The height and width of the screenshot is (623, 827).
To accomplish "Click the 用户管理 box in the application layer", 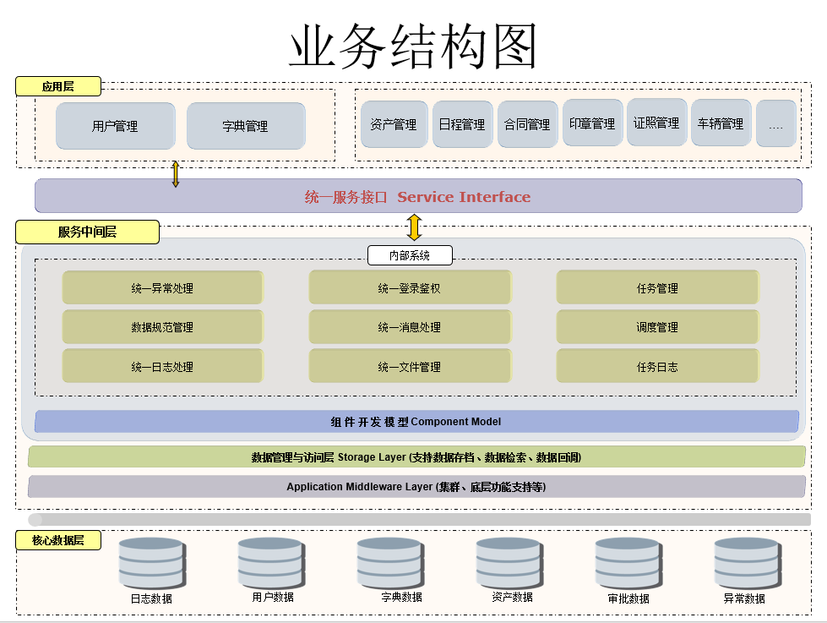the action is (116, 126).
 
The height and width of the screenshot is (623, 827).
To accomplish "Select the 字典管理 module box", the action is (246, 126).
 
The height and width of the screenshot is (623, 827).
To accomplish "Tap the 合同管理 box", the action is (527, 124).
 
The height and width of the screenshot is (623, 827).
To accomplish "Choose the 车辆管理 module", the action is (721, 123).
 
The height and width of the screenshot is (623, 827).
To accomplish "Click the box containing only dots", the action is (775, 123).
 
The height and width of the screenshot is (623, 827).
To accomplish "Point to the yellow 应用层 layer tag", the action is (58, 86).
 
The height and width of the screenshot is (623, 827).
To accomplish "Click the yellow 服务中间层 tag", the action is (88, 232).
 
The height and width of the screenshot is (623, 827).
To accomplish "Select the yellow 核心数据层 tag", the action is (58, 540).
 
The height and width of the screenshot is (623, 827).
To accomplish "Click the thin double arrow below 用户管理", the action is (176, 174).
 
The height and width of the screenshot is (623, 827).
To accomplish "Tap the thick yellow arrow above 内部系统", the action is (415, 227).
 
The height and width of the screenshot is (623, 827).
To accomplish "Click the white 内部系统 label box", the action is (410, 255).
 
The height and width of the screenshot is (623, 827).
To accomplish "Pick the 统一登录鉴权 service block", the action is (410, 287).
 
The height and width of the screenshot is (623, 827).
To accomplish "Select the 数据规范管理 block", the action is (162, 327).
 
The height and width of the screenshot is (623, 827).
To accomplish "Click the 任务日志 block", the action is (658, 366).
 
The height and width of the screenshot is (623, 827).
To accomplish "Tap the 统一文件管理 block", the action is (410, 366).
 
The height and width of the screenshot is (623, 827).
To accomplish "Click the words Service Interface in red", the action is (464, 197).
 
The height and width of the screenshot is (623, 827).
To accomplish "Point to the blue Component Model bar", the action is (416, 421).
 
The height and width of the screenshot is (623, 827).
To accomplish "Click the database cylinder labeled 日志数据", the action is (152, 563).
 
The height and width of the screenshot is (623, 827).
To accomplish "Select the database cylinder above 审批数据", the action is (628, 563).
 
